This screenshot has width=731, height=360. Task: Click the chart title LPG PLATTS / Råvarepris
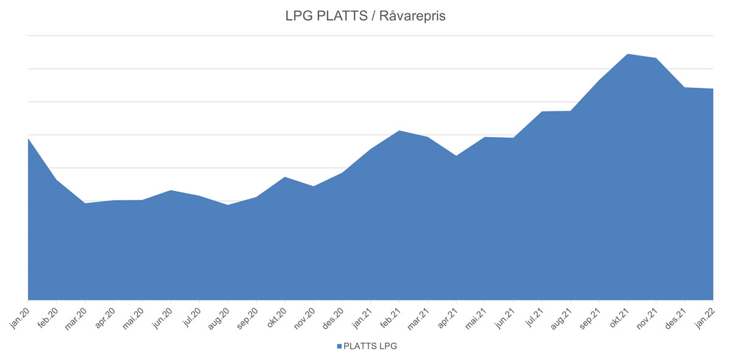click(x=365, y=16)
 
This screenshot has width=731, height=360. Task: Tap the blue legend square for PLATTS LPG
click(x=339, y=347)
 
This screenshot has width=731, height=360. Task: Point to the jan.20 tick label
click(x=19, y=317)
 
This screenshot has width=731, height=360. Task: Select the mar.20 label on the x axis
click(x=76, y=317)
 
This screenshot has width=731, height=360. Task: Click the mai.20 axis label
click(x=133, y=317)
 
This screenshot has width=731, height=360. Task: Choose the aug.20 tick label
click(x=218, y=317)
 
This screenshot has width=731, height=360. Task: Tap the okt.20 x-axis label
click(x=276, y=317)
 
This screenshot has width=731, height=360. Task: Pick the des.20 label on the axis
click(x=333, y=317)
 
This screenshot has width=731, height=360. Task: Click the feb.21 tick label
click(x=390, y=317)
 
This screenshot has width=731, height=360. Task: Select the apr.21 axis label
click(x=447, y=317)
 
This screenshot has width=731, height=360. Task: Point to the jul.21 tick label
click(x=533, y=317)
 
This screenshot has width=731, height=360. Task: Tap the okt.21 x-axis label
click(x=618, y=317)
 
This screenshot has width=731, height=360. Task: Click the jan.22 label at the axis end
click(x=704, y=317)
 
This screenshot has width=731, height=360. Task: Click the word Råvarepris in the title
click(x=412, y=16)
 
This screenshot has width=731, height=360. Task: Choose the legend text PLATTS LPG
click(x=370, y=347)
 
